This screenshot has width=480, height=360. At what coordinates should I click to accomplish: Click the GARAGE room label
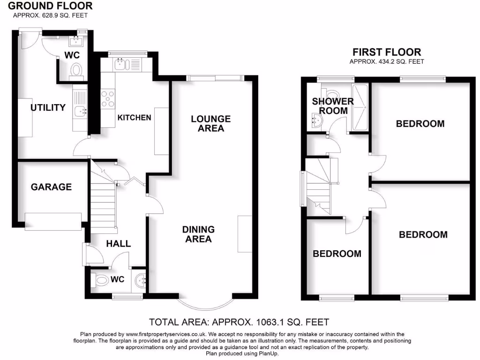51,187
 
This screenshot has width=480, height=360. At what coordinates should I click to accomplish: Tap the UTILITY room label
48,108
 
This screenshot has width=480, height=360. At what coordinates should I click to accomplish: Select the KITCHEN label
134,117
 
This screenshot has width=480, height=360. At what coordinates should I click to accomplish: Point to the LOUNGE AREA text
210,124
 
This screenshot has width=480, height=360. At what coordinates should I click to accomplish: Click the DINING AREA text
198,234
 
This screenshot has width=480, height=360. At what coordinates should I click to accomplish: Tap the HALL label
118,244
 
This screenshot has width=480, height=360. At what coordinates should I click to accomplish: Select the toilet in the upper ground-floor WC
75,70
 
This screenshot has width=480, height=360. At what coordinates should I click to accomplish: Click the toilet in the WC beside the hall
100,280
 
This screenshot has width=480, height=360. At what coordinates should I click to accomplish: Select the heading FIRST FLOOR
387,52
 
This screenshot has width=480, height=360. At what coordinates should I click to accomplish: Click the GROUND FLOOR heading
51,6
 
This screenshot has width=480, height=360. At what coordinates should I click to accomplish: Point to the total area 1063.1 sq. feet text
239,322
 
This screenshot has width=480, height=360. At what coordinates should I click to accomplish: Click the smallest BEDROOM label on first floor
337,254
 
